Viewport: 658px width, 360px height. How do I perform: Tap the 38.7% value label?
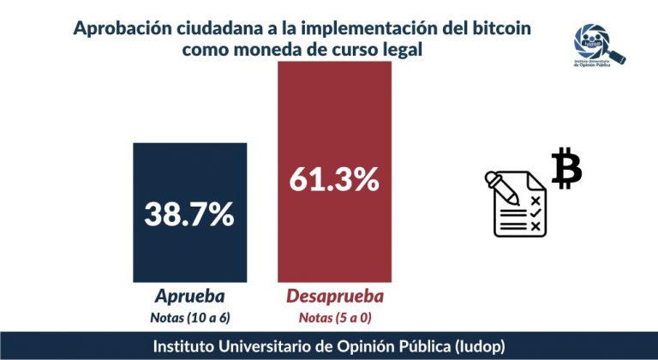[x=189, y=213]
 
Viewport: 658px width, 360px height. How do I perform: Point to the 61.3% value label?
[x=334, y=179]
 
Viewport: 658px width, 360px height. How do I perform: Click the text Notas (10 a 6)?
[x=189, y=318]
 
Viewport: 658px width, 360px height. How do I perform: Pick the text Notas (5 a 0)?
[x=333, y=318]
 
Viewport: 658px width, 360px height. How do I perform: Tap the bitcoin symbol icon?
[x=566, y=168]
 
